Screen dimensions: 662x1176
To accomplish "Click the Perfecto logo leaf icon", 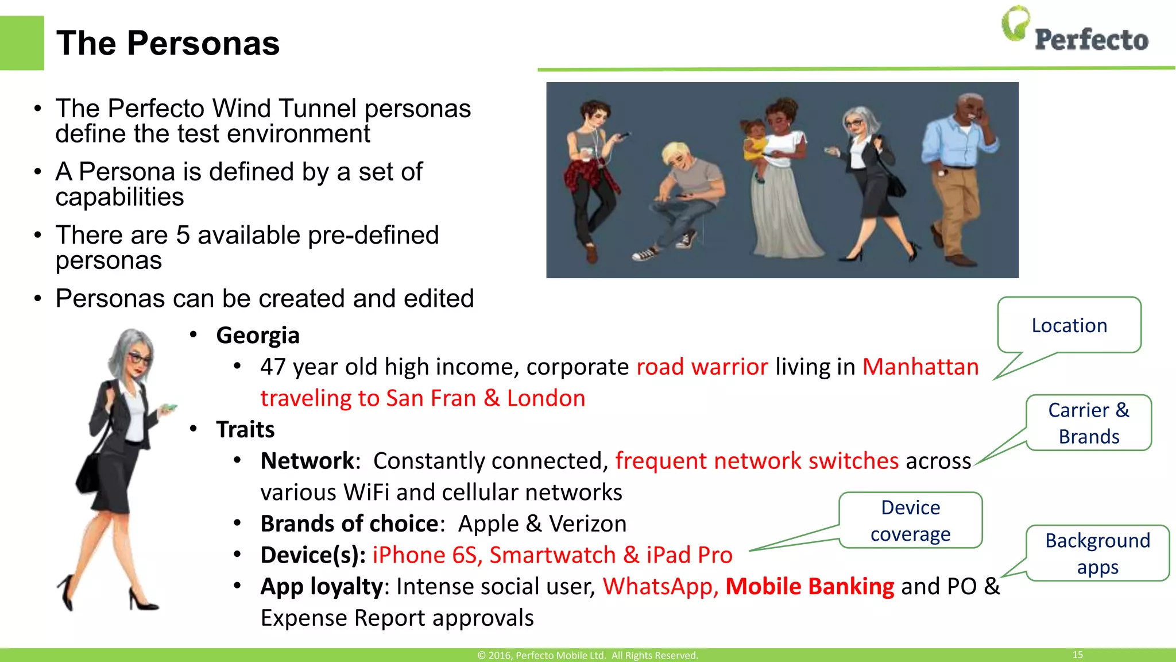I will pos(1015,24).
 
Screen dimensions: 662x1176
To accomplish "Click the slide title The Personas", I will pos(168,43).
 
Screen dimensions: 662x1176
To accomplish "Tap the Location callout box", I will pos(1069,325).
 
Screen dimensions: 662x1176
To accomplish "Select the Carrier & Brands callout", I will pos(1089,423).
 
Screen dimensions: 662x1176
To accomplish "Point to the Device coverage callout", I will pos(911,521).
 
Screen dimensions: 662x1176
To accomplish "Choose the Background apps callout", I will pos(1097,553).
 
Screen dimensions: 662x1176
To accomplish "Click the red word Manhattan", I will pos(920,367).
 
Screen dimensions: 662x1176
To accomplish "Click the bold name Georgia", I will pos(258,335).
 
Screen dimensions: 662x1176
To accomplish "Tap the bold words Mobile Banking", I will pos(810,586).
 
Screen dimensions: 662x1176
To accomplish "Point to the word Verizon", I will pos(587,524).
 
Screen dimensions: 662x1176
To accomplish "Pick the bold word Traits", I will pos(245,429).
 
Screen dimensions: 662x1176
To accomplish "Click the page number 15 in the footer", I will pos(1077,655).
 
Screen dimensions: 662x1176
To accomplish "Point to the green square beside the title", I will pos(22,43).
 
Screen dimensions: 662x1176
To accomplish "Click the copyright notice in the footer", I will pos(587,655).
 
